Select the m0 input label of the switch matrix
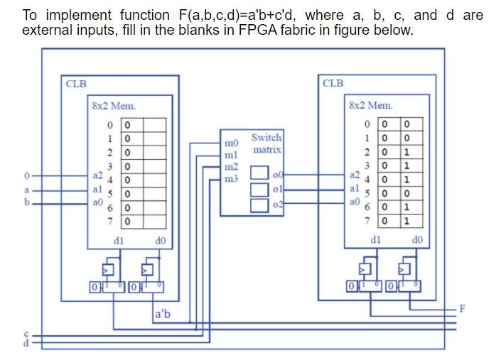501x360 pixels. pos(230,143)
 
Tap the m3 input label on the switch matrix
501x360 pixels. pos(230,178)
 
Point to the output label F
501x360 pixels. pos(463,308)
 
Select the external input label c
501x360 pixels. pos(27,334)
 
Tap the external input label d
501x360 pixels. pos(27,343)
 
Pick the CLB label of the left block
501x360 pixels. pos(76,83)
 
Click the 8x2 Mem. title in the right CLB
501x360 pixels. pos(370,105)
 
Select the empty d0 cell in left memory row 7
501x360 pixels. pos(155,222)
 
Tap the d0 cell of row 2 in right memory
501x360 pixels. pos(406,152)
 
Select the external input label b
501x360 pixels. pos(27,202)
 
